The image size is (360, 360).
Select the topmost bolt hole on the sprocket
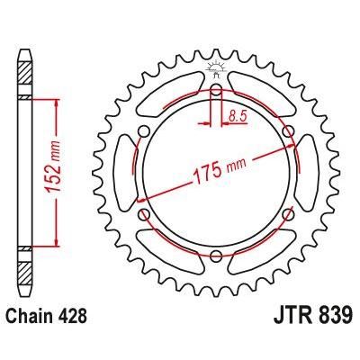click(x=215, y=91)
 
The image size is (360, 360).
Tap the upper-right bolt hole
click(x=287, y=132)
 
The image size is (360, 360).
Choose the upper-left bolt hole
click(x=143, y=132)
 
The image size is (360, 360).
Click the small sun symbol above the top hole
click(x=215, y=67)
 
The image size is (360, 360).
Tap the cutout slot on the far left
click(x=123, y=174)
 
